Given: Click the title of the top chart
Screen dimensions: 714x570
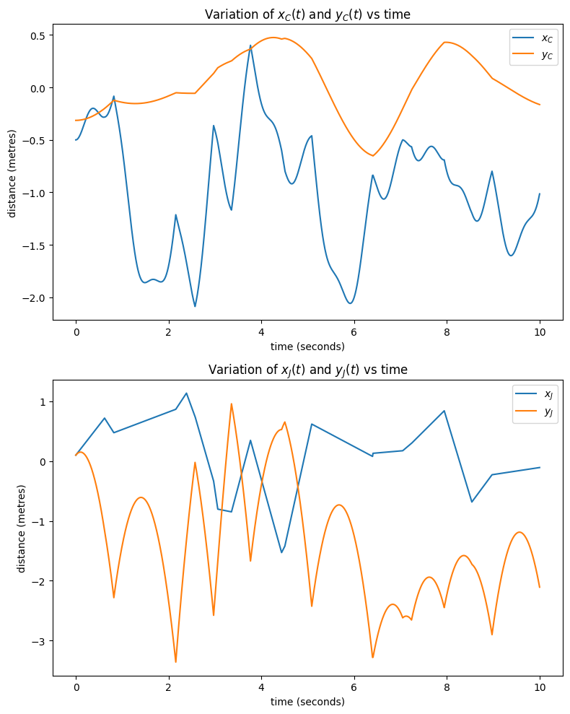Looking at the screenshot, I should coord(307,14).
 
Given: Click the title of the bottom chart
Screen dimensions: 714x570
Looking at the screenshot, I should coord(307,370).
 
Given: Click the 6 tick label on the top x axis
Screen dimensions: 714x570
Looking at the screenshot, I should coord(354,331).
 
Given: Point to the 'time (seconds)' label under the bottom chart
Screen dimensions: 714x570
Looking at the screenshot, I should coord(307,701).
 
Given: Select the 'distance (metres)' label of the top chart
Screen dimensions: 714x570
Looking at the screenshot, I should coord(12,173).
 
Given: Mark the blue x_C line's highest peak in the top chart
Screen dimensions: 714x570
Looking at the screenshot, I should coord(250,45).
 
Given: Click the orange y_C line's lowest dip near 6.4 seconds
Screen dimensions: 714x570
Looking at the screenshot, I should coord(373,156).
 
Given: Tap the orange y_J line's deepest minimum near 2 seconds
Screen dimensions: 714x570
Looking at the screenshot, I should coord(175,661).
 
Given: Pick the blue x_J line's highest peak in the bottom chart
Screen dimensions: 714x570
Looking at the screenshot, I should coord(186,393).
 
